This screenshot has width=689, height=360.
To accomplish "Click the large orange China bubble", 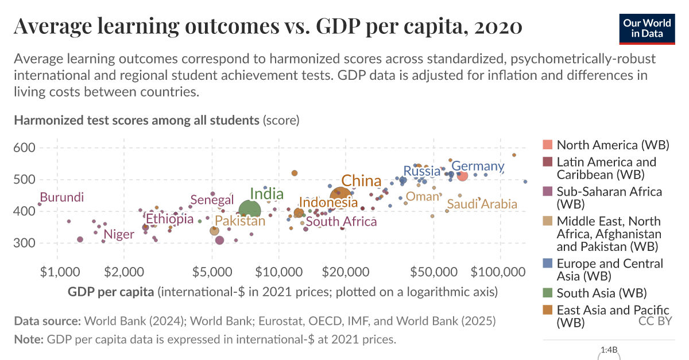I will [340, 196].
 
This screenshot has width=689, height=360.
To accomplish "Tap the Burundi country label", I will [61, 198].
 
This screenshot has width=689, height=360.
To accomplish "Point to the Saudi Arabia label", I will [482, 204].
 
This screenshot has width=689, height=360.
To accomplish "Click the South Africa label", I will [341, 222].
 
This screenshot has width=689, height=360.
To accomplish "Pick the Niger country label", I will [118, 234].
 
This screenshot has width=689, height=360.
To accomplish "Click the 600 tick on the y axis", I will [25, 148].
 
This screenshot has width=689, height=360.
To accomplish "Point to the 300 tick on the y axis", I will [25, 243].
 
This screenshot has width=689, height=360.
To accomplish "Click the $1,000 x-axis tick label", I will [57, 270].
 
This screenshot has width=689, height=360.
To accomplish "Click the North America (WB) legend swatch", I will [548, 145].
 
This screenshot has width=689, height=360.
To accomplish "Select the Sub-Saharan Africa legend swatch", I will [548, 191].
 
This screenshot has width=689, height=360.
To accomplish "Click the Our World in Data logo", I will [647, 28].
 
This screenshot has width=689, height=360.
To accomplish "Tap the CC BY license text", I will [655, 321].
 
